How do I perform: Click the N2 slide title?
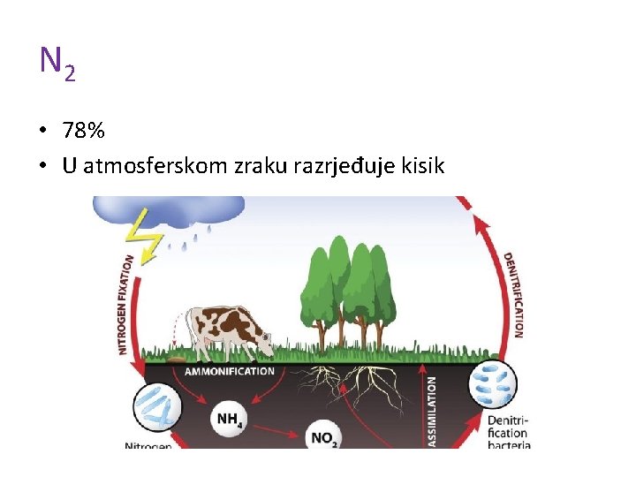(x=57, y=63)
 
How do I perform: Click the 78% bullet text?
(x=84, y=132)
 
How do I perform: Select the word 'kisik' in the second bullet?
(x=424, y=165)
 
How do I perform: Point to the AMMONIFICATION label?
(x=229, y=371)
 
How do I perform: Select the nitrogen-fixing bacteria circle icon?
(x=157, y=409)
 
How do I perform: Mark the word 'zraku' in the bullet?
(x=258, y=165)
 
